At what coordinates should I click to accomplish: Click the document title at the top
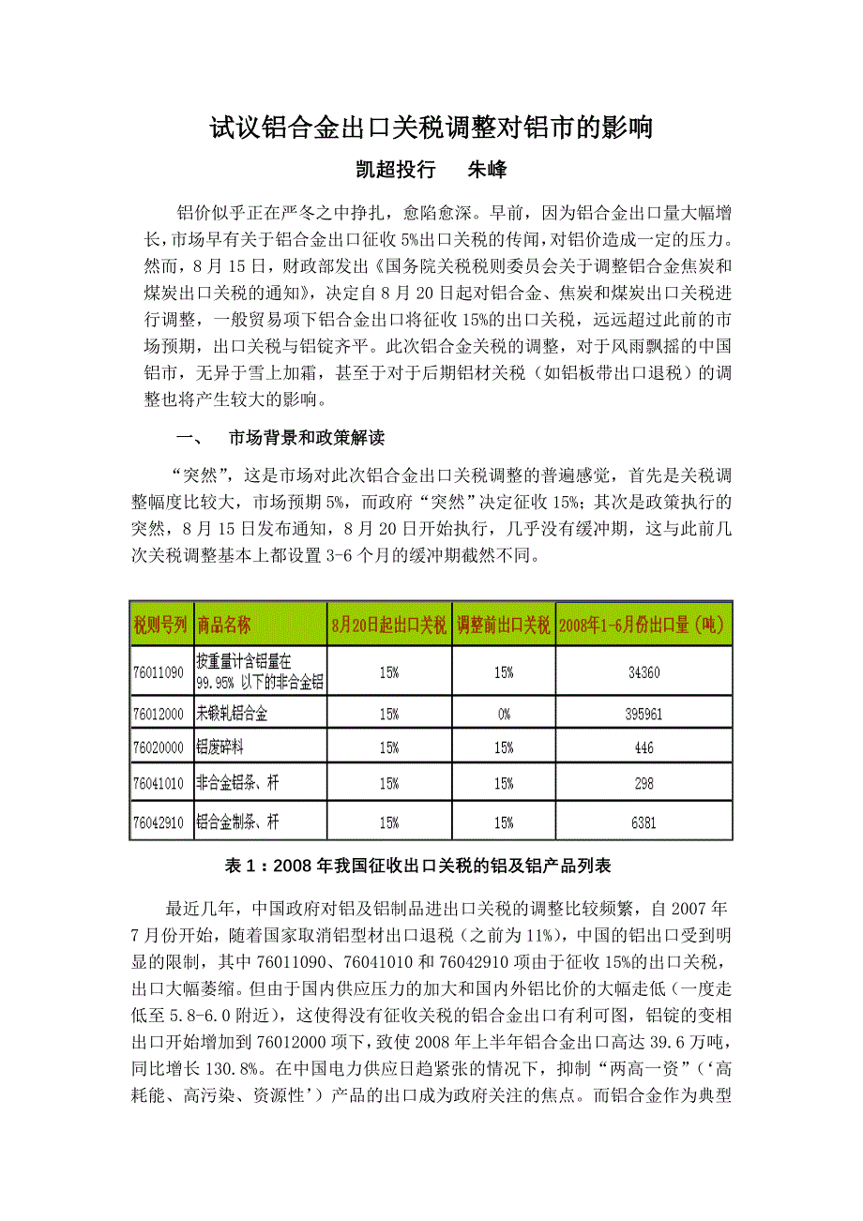431,128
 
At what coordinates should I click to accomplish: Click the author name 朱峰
487,170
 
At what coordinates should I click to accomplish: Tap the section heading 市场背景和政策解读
307,438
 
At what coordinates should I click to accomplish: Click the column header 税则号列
160,624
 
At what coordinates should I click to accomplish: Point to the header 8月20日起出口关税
389,624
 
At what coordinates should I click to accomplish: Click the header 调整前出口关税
504,624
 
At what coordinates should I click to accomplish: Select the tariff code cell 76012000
160,714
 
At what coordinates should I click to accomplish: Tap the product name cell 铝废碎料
218,747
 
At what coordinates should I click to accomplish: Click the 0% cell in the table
504,714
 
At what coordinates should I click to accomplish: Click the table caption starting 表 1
431,865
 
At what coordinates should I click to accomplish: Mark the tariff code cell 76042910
160,822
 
